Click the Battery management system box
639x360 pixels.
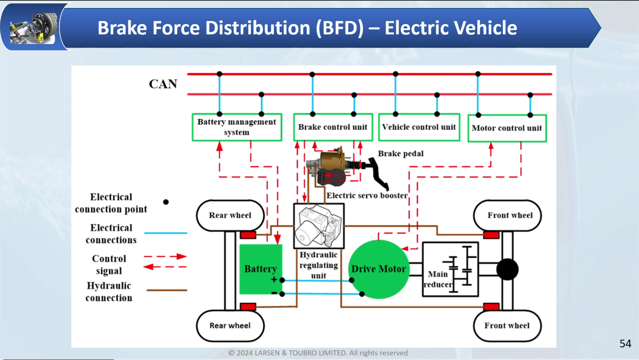coord(237,127)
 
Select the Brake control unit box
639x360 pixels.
coord(333,127)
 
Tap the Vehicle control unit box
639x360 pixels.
coord(419,127)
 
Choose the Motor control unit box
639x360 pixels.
coord(507,128)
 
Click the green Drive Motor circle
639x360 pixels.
coord(378,269)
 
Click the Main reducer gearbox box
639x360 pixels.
coord(450,269)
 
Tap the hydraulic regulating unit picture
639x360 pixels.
coord(319,226)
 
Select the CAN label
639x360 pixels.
coord(163,84)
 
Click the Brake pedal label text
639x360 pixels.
coord(401,153)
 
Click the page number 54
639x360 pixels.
coord(625,343)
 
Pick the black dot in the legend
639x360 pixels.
coord(166,202)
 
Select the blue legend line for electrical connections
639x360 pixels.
coord(165,233)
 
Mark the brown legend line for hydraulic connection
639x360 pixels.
coord(167,290)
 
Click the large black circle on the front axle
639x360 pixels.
coord(507,269)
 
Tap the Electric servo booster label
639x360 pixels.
coord(367,195)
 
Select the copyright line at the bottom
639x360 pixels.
coord(318,353)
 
